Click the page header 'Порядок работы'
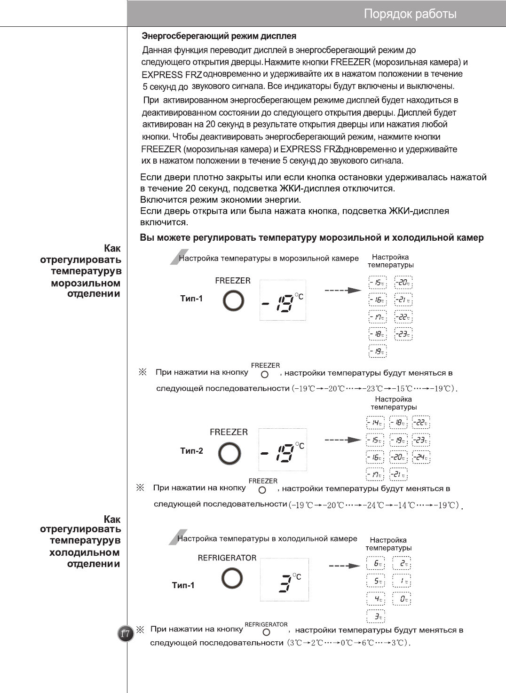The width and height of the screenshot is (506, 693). point(410,14)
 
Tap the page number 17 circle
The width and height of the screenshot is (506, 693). point(125,633)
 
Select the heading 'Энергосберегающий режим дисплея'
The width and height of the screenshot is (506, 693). point(219,36)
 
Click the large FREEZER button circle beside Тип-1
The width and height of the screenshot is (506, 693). point(233,301)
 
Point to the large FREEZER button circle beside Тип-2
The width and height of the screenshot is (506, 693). point(229,454)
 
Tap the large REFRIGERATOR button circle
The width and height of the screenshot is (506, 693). point(232,578)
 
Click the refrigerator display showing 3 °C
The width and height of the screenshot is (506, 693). point(285,580)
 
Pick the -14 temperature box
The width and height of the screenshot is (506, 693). point(375,423)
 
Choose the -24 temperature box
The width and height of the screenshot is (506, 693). point(421,457)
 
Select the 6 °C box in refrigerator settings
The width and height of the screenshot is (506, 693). point(376,563)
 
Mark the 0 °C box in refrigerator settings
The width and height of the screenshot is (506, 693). point(402,599)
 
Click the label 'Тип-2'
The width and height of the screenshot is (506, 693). point(191,451)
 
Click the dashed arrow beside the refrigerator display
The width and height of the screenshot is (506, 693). point(344,566)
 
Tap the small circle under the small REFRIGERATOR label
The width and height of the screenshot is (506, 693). point(266,632)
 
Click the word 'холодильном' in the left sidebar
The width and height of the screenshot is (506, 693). point(85,552)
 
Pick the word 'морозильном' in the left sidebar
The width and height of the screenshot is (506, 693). point(86,283)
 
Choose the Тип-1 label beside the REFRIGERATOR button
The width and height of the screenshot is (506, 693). point(183,585)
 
